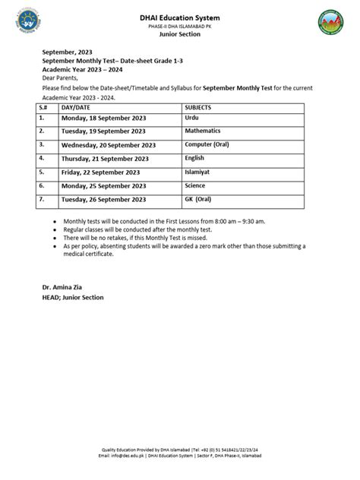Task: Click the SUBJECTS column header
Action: tap(198, 109)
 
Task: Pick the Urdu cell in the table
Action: tap(191, 119)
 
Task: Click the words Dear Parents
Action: tap(58, 77)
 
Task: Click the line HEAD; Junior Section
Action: tap(73, 297)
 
